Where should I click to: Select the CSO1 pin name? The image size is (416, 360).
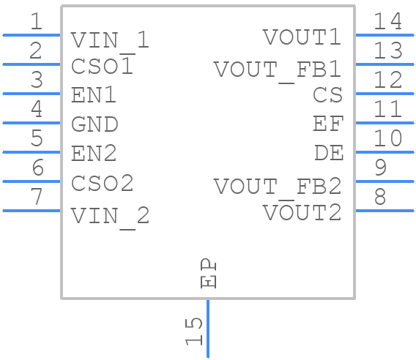102,66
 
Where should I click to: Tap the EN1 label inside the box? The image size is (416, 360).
94,95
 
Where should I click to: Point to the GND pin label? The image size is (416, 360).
94,124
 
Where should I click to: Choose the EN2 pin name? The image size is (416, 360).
94,153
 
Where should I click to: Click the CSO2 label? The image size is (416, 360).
102,183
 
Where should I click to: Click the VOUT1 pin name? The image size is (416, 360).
302,37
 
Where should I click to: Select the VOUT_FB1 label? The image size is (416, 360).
278,71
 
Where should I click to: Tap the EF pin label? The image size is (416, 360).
328,124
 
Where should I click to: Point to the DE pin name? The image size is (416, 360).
329,153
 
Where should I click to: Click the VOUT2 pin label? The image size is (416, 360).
302,212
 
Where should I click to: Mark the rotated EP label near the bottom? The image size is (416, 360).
209,273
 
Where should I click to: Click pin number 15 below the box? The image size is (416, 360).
193,331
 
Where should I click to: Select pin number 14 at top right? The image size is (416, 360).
388,21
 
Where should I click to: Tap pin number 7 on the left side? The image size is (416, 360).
37,196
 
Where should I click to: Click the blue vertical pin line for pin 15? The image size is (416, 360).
208,329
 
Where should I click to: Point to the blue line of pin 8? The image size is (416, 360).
385,211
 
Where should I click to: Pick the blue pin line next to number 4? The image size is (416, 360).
31,123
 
